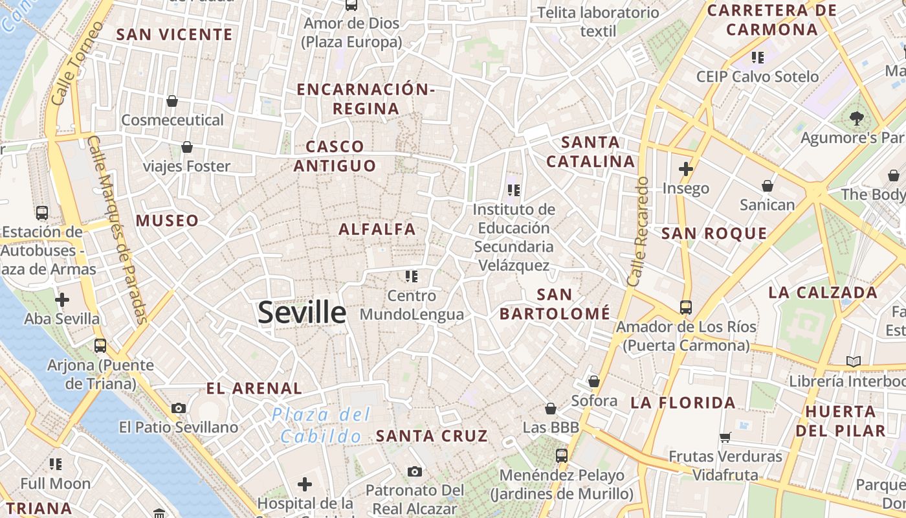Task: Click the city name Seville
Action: [302, 313]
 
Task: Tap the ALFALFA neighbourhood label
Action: [377, 229]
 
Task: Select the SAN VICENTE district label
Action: [174, 35]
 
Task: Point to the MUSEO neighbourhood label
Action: [167, 221]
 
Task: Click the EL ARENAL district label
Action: [254, 388]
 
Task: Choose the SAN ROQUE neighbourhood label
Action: [714, 234]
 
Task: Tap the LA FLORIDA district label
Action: [683, 403]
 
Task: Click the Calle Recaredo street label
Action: [637, 232]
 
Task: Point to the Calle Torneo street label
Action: [77, 63]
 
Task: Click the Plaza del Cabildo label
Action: [321, 425]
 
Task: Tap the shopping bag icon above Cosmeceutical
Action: [172, 101]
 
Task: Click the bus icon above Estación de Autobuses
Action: [42, 212]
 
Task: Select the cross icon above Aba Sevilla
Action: [62, 300]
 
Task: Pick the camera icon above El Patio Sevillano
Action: [179, 408]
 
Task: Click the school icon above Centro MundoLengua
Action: [412, 276]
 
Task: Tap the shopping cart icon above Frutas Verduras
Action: [725, 437]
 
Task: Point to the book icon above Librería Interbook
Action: [854, 361]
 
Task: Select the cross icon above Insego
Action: [686, 170]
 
